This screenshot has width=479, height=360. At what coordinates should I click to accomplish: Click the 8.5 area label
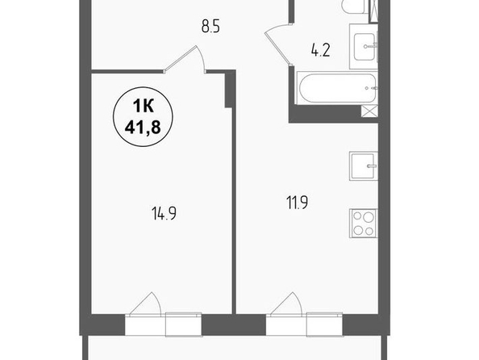210,26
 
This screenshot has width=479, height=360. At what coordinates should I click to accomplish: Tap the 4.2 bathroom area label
321,51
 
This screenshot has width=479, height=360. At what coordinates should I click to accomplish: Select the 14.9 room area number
164,213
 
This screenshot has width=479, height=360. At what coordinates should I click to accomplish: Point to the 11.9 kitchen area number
297,203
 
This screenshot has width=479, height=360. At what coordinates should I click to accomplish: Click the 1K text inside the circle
143,106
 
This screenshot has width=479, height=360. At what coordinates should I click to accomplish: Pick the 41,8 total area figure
143,127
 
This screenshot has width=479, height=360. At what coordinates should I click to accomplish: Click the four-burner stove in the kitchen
364,224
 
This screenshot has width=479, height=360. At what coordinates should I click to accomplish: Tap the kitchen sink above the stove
364,166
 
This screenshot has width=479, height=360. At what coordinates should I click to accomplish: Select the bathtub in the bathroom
337,88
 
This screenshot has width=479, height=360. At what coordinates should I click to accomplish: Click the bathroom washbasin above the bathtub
364,46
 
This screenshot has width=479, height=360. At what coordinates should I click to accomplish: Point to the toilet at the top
355,6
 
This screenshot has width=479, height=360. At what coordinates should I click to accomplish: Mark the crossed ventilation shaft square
369,111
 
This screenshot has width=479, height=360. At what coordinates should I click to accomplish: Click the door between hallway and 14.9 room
185,60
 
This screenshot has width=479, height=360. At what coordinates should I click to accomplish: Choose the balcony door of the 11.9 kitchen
286,303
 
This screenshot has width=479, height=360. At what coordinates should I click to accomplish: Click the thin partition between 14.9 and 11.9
235,211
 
